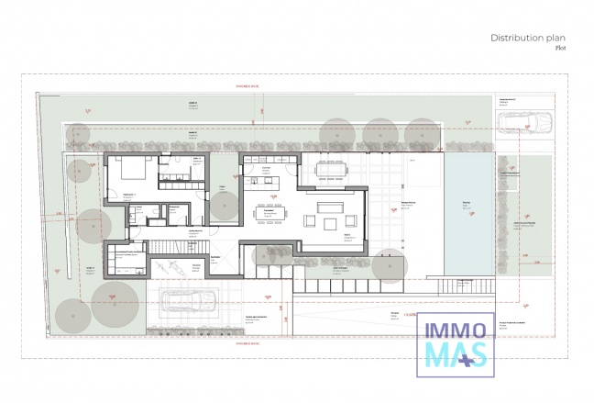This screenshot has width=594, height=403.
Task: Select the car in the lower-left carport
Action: click(x=189, y=300)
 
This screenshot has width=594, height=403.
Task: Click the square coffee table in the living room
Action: click(x=330, y=221)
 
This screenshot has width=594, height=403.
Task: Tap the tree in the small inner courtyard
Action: click(x=223, y=207)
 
